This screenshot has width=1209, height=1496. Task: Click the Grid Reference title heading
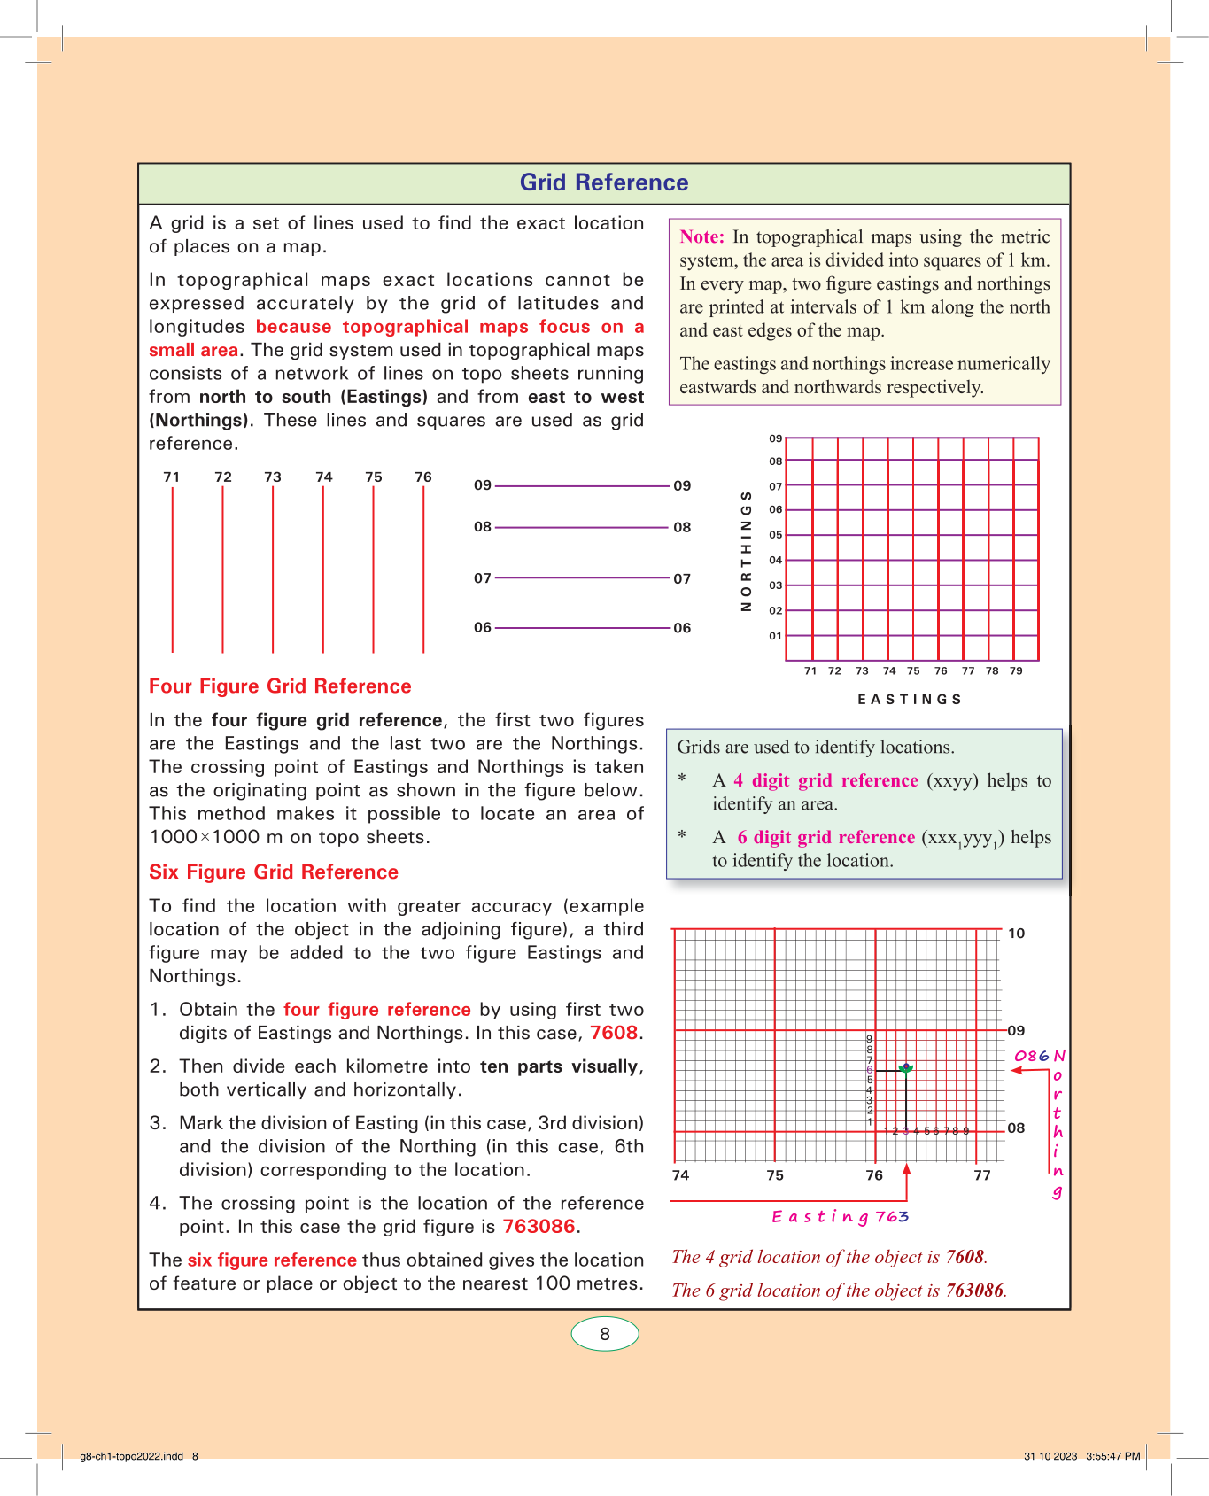pos(604,182)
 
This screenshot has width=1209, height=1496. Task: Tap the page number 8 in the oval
pos(605,1334)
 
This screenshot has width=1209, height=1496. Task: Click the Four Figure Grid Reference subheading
pos(280,686)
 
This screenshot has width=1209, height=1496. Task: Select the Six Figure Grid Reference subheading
pos(274,872)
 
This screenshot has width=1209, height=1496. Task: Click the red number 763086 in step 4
pos(539,1227)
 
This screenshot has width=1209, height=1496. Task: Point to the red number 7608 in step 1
pos(614,1033)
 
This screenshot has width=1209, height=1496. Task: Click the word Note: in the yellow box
pos(701,236)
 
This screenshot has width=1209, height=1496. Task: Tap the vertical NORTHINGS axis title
pos(746,550)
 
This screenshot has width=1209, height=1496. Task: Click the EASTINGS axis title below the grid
pos(910,700)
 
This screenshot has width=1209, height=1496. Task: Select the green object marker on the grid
pos(905,1069)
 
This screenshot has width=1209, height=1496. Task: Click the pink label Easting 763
pos(840,1216)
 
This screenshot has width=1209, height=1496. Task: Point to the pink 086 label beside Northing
pos(1031,1056)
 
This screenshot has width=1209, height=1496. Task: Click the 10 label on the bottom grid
pos(1016,934)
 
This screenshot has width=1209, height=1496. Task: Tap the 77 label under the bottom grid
pos(982,1175)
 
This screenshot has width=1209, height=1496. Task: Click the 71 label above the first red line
pos(172,477)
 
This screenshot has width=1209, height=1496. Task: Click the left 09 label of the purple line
pos(483,485)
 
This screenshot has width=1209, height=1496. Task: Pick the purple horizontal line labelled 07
pos(582,577)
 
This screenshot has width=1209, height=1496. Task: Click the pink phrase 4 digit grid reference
pos(825,780)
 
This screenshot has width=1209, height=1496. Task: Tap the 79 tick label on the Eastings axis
pos(1016,671)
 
